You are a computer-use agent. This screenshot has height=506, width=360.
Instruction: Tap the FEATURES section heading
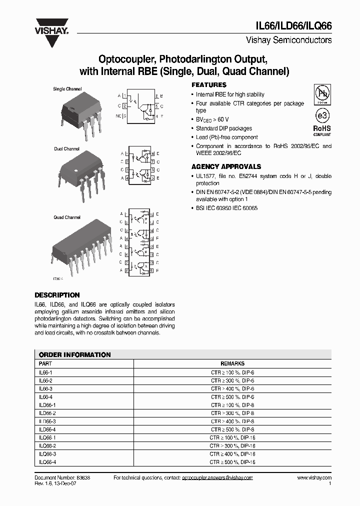209,85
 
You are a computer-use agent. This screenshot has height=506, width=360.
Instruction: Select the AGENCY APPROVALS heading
226,166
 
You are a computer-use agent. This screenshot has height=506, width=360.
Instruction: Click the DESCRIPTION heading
57,295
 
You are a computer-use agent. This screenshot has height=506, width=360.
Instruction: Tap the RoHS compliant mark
322,130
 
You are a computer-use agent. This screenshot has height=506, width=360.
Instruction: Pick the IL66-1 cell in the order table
45,372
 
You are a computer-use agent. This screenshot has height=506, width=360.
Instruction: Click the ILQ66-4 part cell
47,462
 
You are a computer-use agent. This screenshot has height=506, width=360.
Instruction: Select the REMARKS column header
232,364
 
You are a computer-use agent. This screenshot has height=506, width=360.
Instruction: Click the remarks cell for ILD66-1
232,405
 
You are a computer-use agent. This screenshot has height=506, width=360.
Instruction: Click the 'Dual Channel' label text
67,149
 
